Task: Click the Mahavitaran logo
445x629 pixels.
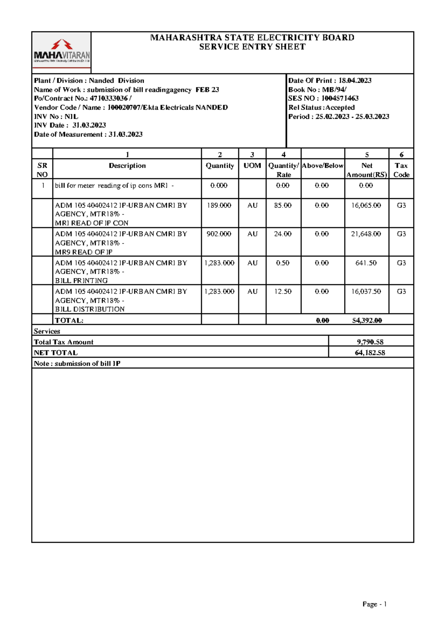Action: pos(62,52)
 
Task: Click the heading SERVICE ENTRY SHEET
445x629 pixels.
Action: pos(252,47)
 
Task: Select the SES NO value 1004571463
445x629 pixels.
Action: pos(340,99)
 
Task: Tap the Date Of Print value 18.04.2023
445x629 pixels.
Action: pos(355,81)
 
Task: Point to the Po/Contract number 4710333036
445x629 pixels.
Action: pos(109,99)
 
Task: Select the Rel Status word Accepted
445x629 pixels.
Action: pos(340,108)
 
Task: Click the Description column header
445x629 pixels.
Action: pos(127,166)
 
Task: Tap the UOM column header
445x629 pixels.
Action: pos(252,166)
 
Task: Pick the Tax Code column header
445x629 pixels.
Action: pos(401,170)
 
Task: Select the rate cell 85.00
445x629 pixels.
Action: pos(283,206)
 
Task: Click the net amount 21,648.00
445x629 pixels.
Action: pos(366,234)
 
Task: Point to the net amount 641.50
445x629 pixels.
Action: pos(366,263)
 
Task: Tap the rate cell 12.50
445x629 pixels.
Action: pos(283,292)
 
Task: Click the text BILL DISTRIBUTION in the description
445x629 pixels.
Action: pos(90,309)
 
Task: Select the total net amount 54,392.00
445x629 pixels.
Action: pos(367,321)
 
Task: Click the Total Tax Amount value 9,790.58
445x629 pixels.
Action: pos(370,342)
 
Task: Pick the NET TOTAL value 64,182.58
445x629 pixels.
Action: pos(370,353)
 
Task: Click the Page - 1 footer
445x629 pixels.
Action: pos(375,605)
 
